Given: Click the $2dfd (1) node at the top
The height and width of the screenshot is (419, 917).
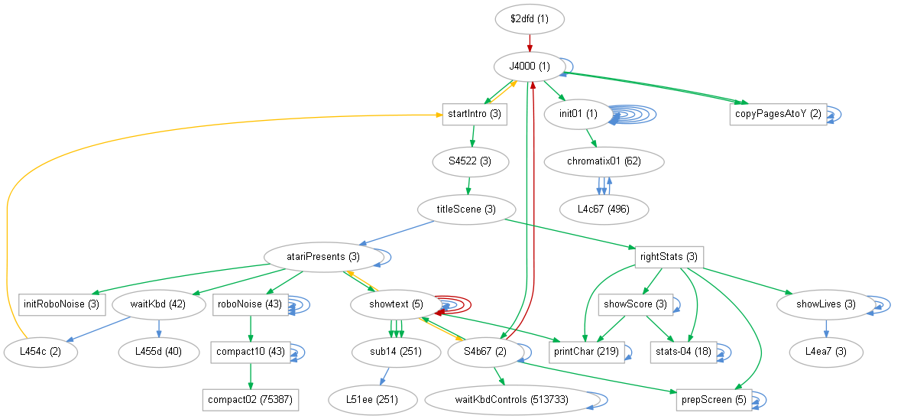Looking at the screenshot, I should [530, 19].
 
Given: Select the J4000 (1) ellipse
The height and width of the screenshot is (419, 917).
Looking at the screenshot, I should [530, 67].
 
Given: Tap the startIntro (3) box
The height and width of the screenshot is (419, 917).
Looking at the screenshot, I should [475, 114].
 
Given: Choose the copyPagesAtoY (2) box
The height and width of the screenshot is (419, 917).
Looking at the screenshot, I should [778, 114].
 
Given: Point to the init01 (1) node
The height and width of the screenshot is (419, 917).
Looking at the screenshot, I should [577, 114].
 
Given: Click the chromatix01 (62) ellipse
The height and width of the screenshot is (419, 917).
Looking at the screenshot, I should [604, 161].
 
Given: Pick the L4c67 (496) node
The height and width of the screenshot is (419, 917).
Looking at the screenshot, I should [604, 209].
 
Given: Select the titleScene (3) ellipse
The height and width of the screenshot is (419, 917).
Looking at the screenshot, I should [466, 209].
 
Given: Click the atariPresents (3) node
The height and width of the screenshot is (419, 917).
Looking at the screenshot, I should [322, 256].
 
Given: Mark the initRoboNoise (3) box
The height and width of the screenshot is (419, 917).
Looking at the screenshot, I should [61, 304].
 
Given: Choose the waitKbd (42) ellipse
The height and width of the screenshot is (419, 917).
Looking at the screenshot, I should [159, 304].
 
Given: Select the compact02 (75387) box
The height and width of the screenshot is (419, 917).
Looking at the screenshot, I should [250, 399].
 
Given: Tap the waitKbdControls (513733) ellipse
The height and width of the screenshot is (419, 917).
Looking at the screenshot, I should [507, 399].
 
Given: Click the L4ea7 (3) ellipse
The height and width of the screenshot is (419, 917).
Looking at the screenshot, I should [826, 352].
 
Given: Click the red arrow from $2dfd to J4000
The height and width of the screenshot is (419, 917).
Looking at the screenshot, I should [530, 43].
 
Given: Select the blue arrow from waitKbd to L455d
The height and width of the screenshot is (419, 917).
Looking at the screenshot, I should [159, 328].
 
